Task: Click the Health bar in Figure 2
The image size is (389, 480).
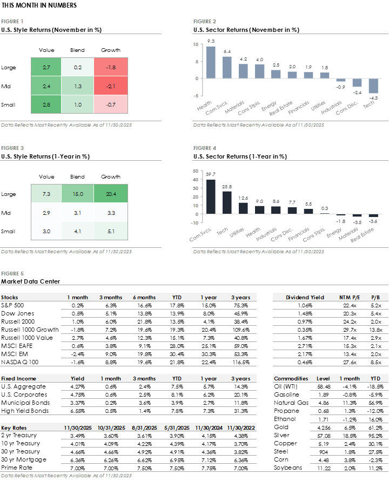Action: [211, 62]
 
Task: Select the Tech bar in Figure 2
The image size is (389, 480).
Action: [373, 86]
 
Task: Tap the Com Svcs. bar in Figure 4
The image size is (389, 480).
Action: [211, 196]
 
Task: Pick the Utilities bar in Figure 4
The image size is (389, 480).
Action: [244, 208]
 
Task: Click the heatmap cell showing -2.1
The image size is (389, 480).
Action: [111, 86]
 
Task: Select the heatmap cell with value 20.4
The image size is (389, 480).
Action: [111, 194]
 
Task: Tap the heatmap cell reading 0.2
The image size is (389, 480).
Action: [78, 67]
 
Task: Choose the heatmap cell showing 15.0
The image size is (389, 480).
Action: [78, 194]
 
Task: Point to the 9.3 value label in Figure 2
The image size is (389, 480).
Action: [211, 41]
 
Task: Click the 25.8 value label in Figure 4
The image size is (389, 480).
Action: [227, 186]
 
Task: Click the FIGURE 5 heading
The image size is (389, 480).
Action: [12, 274]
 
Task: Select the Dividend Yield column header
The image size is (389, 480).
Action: [305, 298]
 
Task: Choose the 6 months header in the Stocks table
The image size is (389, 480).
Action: [144, 298]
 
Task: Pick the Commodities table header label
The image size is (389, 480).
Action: [291, 379]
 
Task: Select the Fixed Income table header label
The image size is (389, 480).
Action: [18, 379]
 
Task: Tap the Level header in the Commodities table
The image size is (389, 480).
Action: [323, 379]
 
